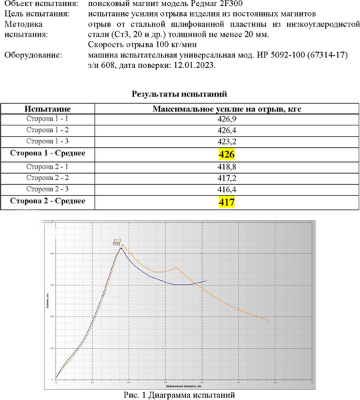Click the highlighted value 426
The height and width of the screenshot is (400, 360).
tap(227, 154)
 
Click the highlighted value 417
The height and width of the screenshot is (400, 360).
tap(227, 201)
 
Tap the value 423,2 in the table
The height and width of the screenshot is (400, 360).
tap(227, 142)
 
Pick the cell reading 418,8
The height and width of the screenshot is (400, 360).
tap(227, 166)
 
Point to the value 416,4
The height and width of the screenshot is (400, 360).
tap(227, 189)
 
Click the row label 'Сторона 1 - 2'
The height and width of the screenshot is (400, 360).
tap(47, 130)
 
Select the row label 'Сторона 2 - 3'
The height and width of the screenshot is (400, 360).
tap(47, 189)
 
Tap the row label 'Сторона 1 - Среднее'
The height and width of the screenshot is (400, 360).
tap(47, 154)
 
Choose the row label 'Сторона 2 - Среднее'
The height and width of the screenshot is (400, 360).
tap(47, 201)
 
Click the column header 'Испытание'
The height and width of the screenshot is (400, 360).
tap(47, 108)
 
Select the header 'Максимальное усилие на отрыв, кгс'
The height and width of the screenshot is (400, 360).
tap(227, 108)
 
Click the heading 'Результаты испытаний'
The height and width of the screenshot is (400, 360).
tap(180, 94)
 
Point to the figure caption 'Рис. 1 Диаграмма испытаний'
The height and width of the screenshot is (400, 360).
tap(180, 395)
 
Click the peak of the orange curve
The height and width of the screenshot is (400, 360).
tap(123, 245)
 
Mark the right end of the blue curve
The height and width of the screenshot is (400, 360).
tap(207, 281)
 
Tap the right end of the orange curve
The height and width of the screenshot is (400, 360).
tap(270, 321)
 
